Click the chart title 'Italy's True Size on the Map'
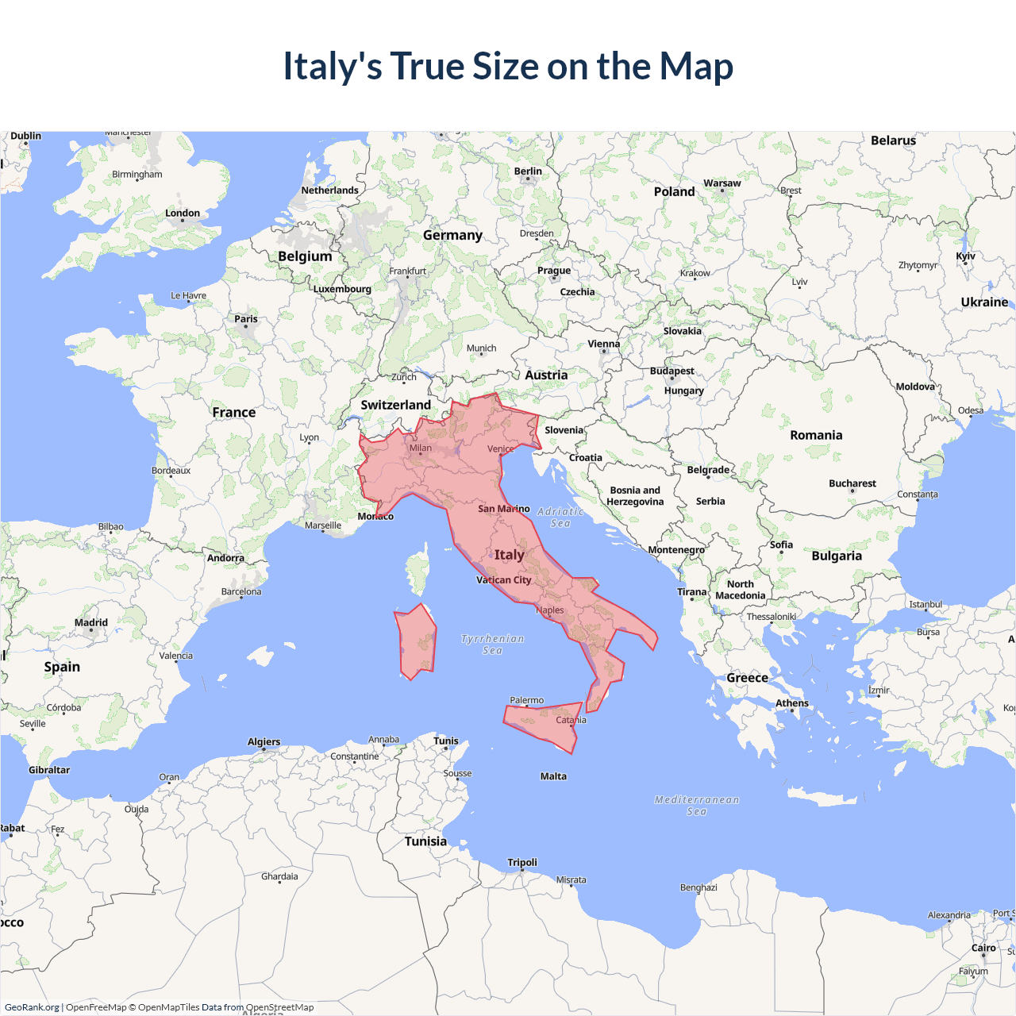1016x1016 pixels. click(508, 66)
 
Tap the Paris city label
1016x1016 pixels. click(246, 319)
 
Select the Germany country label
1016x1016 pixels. click(452, 235)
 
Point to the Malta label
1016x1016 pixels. click(553, 776)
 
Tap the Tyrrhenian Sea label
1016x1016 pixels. click(492, 644)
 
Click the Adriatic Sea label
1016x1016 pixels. click(560, 518)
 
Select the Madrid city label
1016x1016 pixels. click(91, 622)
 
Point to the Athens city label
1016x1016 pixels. click(791, 703)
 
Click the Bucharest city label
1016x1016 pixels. click(852, 483)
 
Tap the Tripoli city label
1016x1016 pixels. click(522, 862)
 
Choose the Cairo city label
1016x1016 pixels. click(983, 948)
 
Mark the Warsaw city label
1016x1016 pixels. click(722, 183)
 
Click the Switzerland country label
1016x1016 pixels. click(395, 405)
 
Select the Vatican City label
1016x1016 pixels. click(503, 580)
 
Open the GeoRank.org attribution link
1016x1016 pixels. click(32, 1007)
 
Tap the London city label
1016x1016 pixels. click(183, 213)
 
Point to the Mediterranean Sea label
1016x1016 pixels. click(696, 805)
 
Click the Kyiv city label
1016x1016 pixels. click(965, 256)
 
